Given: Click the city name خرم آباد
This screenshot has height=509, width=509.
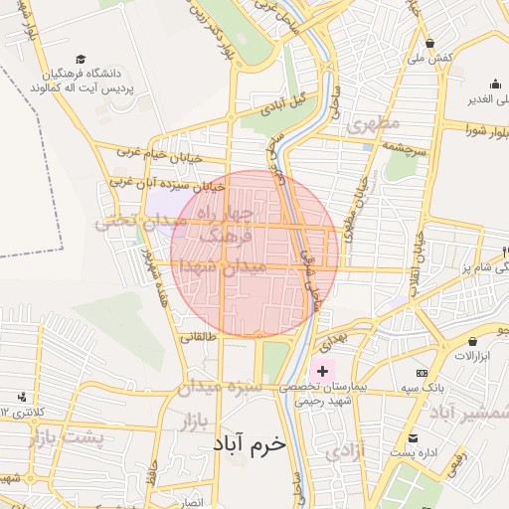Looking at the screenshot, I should [249, 444].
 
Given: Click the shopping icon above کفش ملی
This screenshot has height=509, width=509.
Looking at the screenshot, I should [429, 43].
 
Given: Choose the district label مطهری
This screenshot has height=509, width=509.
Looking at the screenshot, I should [373, 124].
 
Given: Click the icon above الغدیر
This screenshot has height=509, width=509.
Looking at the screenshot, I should [494, 84].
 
